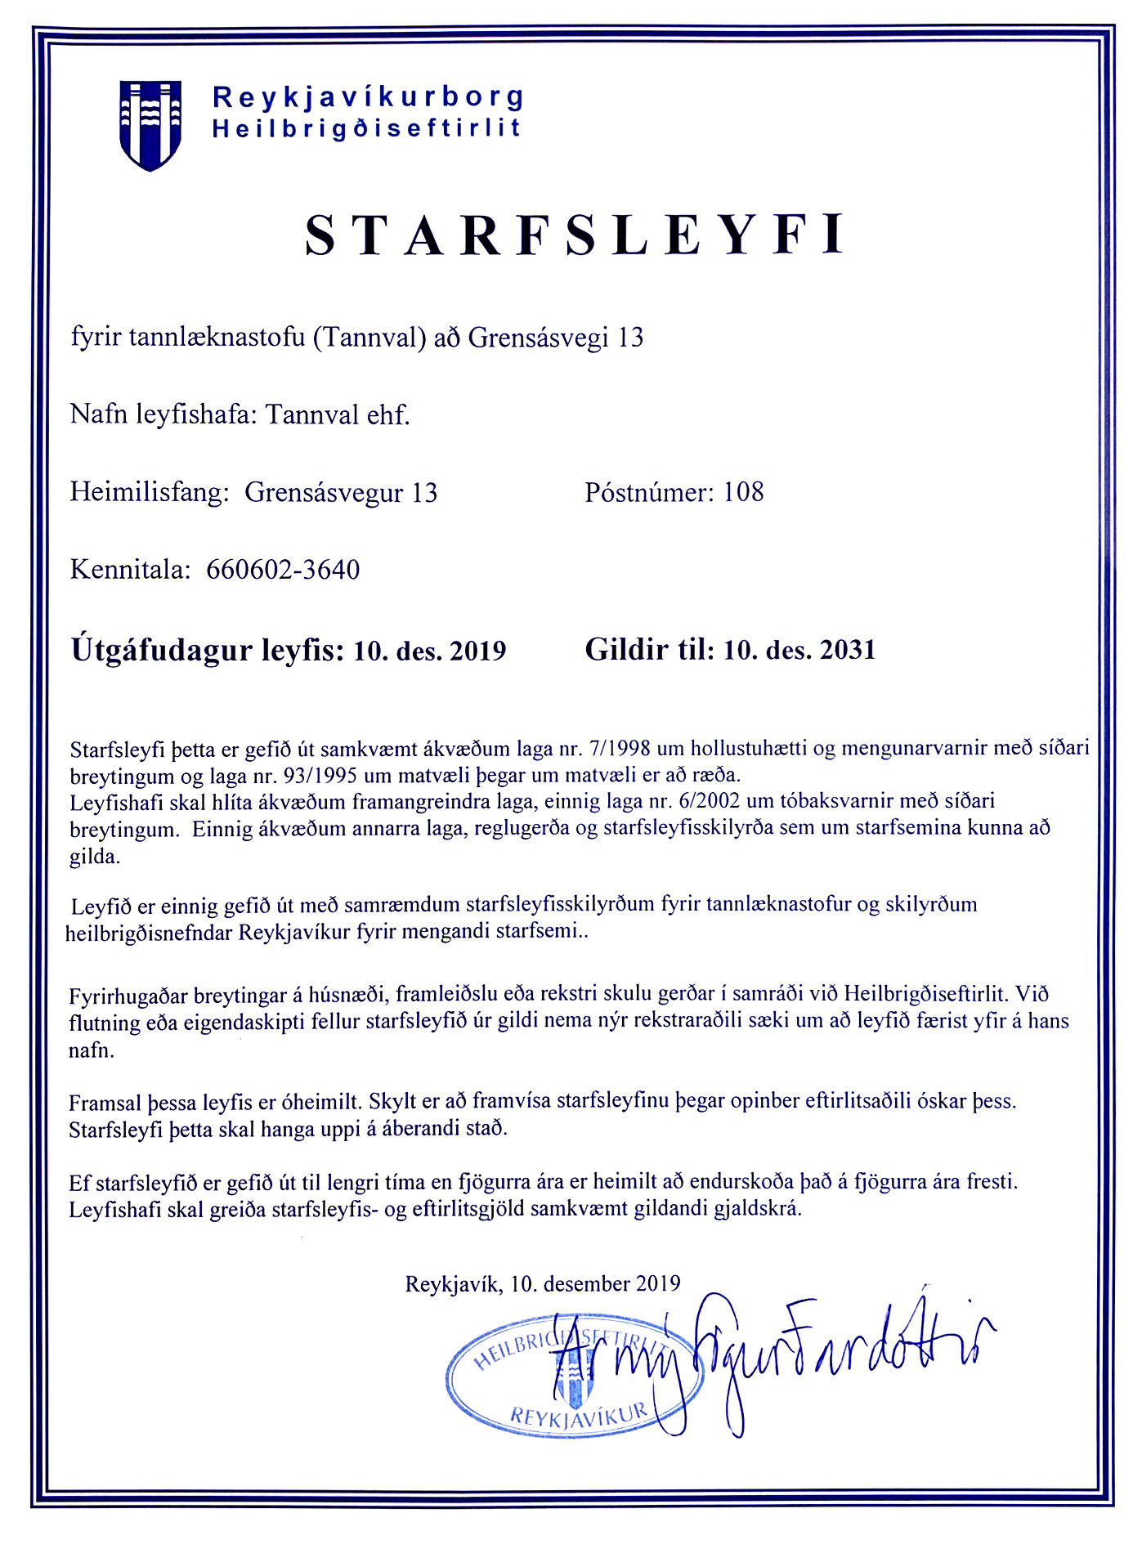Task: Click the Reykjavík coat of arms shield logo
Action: tap(150, 124)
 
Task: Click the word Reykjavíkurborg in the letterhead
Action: tap(368, 97)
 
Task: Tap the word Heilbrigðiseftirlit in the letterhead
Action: tap(366, 129)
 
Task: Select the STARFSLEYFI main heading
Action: tap(574, 235)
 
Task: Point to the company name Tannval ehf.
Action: tap(338, 415)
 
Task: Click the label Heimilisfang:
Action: tap(148, 493)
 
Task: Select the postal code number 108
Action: tap(743, 492)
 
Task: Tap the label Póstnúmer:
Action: tap(650, 492)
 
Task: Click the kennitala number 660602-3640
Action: tap(283, 570)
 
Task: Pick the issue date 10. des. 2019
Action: tap(430, 651)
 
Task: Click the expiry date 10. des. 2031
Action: tap(799, 651)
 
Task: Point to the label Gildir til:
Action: tap(650, 651)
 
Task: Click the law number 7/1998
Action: tap(619, 749)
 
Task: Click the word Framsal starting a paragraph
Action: tap(105, 1103)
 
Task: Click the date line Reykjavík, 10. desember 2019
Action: tap(543, 1284)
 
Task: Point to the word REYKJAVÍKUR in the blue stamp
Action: tap(579, 1413)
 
